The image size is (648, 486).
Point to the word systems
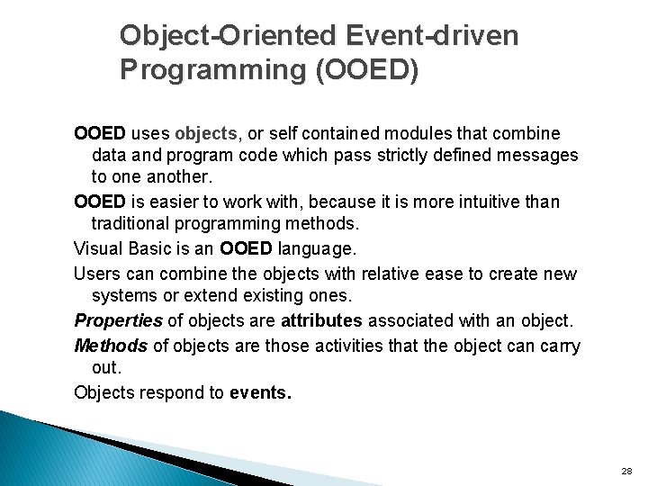pyautogui.click(x=122, y=296)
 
